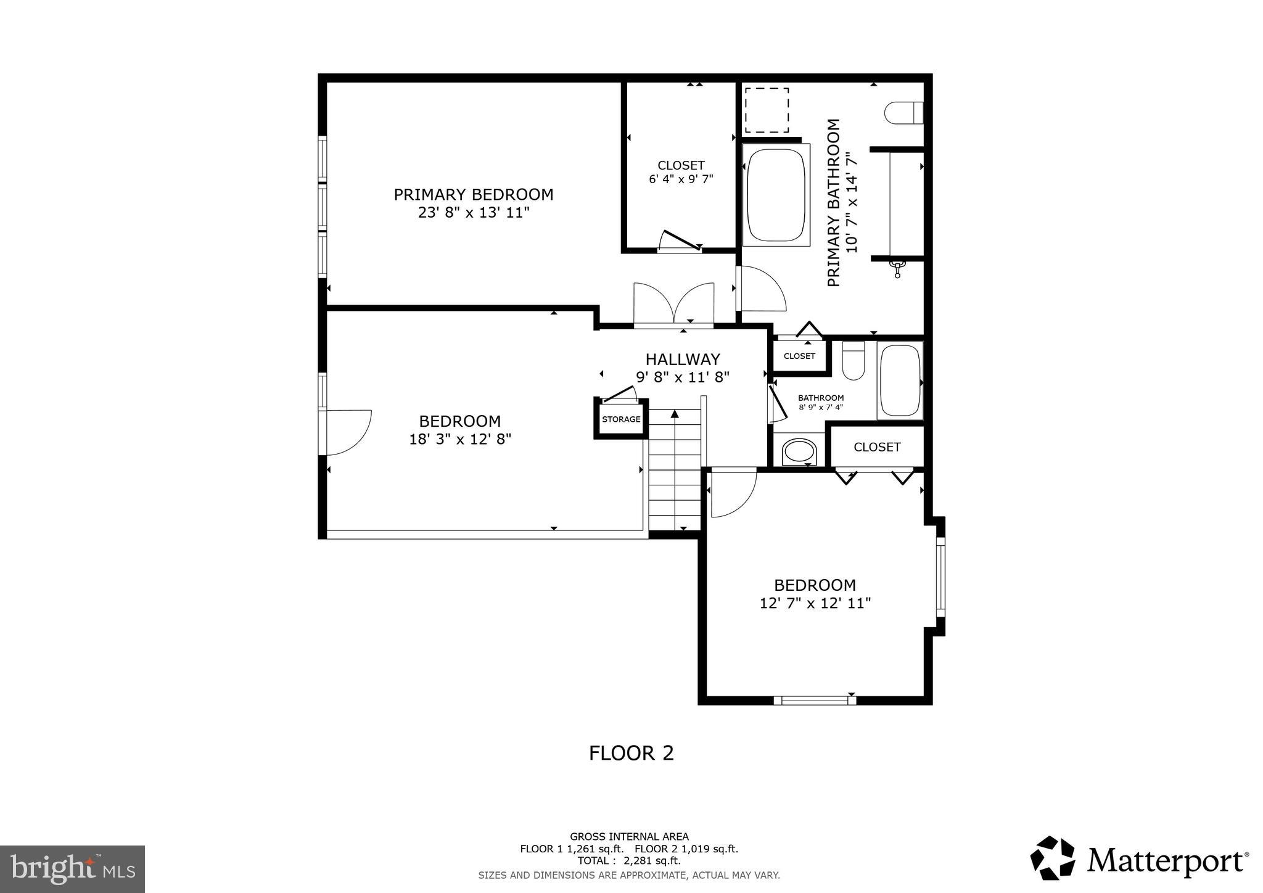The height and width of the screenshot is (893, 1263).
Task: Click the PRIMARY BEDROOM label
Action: [474, 195]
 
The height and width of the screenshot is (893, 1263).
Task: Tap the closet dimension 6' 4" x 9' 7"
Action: [681, 179]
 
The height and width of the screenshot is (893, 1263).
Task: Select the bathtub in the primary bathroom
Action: [776, 195]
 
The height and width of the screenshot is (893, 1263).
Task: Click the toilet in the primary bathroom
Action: [903, 113]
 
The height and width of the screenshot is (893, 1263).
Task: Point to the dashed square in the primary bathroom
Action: [767, 110]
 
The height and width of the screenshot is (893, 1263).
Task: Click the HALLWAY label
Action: [683, 360]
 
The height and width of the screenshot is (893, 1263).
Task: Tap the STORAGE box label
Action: [621, 419]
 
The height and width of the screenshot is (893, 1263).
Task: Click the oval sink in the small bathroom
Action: [799, 451]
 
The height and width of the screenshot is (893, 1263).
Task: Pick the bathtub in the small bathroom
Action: [900, 381]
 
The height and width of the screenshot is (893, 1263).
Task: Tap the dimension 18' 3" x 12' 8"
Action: [460, 439]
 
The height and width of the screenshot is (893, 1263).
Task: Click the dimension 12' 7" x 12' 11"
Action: [815, 603]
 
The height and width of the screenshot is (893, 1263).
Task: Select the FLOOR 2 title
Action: [631, 753]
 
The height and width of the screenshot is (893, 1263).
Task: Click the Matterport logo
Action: [1138, 861]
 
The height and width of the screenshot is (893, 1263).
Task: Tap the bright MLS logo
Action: [72, 869]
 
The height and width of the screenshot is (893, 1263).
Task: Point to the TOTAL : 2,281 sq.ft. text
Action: [628, 860]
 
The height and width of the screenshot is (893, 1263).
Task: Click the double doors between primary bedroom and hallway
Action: [673, 304]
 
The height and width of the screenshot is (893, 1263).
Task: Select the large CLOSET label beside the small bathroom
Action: [877, 447]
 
